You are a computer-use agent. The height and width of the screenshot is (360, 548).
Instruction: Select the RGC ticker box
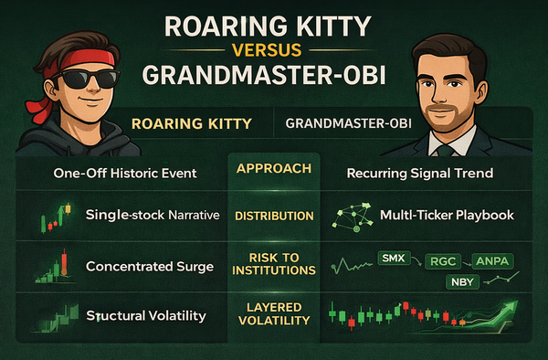[442, 261]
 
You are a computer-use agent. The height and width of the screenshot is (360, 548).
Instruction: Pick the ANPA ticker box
[490, 261]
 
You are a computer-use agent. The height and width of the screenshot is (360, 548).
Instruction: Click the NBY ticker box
[463, 282]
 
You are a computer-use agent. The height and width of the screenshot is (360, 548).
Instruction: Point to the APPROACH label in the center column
[274, 169]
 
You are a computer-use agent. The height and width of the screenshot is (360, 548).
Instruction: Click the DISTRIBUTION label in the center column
[274, 217]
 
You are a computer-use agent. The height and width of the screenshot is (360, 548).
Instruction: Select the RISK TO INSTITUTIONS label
[274, 264]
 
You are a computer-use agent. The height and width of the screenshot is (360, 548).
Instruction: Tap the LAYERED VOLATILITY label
[274, 314]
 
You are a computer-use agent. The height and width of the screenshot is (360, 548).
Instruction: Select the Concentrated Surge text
[143, 267]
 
